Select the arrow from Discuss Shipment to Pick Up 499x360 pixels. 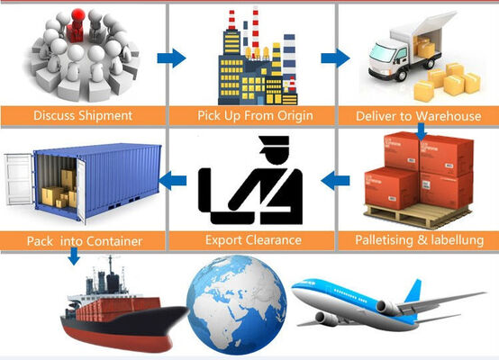pyautogui.click(x=171, y=58)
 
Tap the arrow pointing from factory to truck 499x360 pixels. pyautogui.click(x=335, y=58)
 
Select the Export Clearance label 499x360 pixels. pyautogui.click(x=253, y=239)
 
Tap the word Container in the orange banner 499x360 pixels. pyautogui.click(x=113, y=241)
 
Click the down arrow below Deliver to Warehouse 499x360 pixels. pyautogui.click(x=422, y=131)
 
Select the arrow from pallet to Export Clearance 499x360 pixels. pyautogui.click(x=335, y=181)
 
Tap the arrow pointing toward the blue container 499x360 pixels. pyautogui.click(x=172, y=180)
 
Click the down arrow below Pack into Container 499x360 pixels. pyautogui.click(x=74, y=256)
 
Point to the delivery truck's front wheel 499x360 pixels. pyautogui.click(x=402, y=75)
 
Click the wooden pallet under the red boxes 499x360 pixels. pyautogui.click(x=418, y=215)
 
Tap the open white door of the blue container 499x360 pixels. pyautogui.click(x=18, y=180)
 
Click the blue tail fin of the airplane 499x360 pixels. pyautogui.click(x=414, y=291)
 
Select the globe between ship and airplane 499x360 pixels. pyautogui.click(x=237, y=305)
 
